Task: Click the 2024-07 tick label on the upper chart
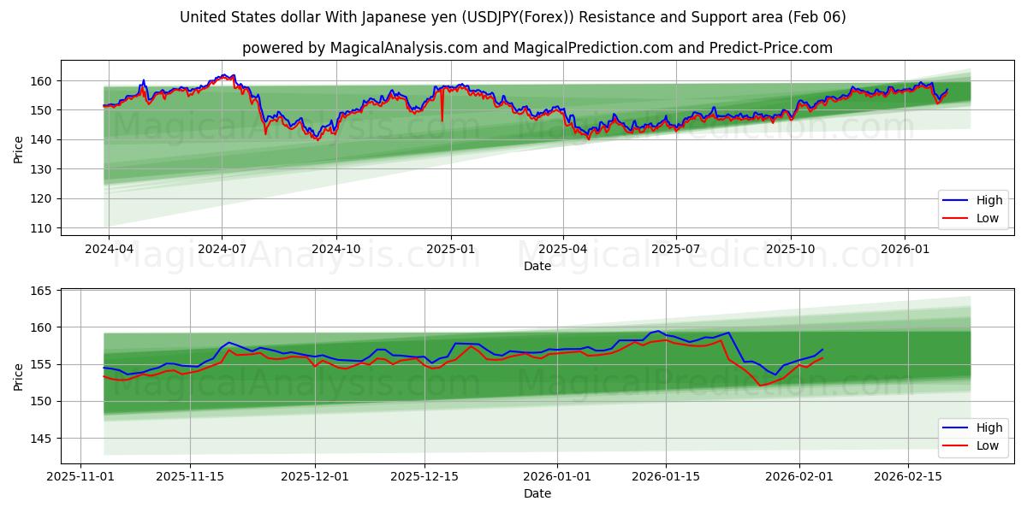click(222, 249)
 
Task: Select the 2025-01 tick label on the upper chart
click(450, 249)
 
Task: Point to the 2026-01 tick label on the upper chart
click(905, 249)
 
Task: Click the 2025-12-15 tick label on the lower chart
click(424, 476)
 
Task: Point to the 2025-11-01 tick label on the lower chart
click(80, 476)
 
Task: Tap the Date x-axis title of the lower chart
click(537, 493)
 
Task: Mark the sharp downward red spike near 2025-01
click(442, 119)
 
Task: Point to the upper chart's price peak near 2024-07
click(225, 75)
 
